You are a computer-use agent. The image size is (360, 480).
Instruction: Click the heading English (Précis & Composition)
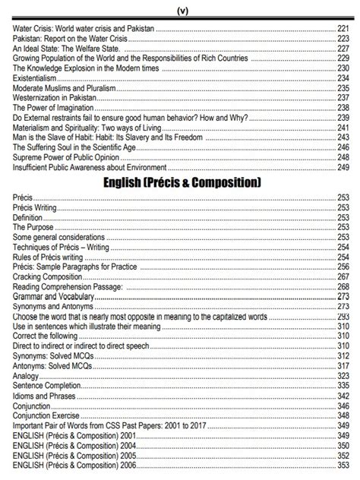(180, 183)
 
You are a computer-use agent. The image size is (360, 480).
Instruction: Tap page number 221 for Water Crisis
(343, 27)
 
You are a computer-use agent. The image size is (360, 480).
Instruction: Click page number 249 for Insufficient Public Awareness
(343, 167)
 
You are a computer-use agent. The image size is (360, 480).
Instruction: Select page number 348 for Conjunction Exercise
(343, 415)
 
